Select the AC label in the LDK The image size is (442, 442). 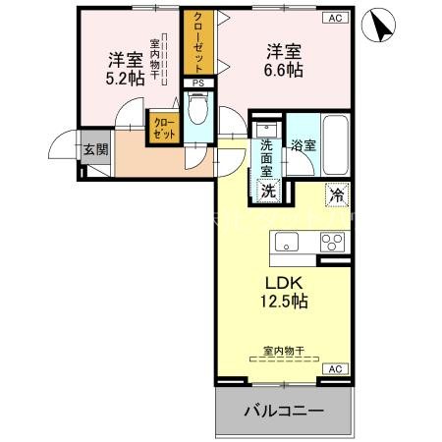click(334, 368)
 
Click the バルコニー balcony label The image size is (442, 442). click(284, 410)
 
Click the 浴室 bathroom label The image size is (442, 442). click(303, 146)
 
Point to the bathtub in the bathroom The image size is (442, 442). click(335, 147)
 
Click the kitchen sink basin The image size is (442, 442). click(286, 242)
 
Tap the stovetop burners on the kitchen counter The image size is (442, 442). click(331, 243)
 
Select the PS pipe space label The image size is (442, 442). click(199, 83)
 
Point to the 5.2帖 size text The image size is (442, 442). click(126, 78)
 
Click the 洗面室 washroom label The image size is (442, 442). click(267, 157)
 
